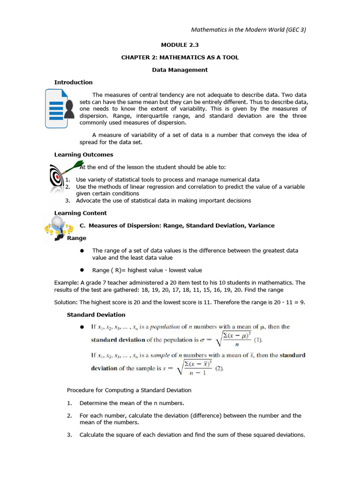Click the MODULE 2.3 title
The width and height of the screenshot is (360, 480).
(180, 45)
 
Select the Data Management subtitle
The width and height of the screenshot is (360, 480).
(180, 70)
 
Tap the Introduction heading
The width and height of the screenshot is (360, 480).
(73, 82)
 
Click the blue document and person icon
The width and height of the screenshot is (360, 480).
(60, 108)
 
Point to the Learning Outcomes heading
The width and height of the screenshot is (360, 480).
(83, 154)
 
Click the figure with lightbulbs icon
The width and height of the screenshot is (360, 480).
(58, 228)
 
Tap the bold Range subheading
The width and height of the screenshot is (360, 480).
(76, 238)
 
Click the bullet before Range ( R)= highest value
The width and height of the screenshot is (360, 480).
(82, 270)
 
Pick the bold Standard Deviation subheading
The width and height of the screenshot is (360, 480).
(96, 315)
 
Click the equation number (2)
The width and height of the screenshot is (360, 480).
(220, 368)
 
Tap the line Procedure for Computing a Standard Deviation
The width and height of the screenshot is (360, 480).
(129, 390)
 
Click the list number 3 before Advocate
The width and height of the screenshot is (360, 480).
(67, 201)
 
